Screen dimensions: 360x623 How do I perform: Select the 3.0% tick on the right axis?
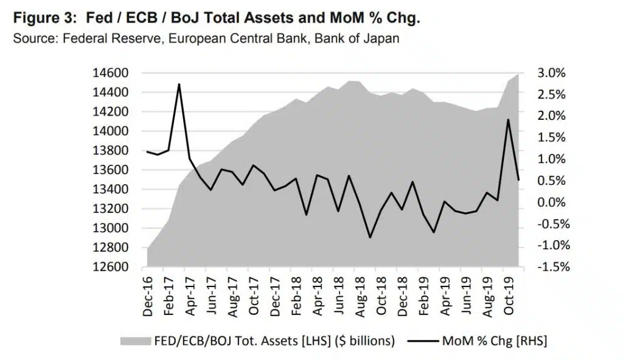tap(552, 73)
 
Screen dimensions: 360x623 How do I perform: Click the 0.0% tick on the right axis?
tap(552, 202)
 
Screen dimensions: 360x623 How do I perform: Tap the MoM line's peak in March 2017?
tap(179, 85)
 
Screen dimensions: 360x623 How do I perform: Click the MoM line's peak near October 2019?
tap(508, 120)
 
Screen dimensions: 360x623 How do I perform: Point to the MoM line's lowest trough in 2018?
tap(370, 237)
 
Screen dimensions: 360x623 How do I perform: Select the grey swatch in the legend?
tap(134, 341)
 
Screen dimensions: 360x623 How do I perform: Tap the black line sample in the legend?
tap(425, 341)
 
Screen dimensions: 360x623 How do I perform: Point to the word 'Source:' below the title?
tap(33, 39)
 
